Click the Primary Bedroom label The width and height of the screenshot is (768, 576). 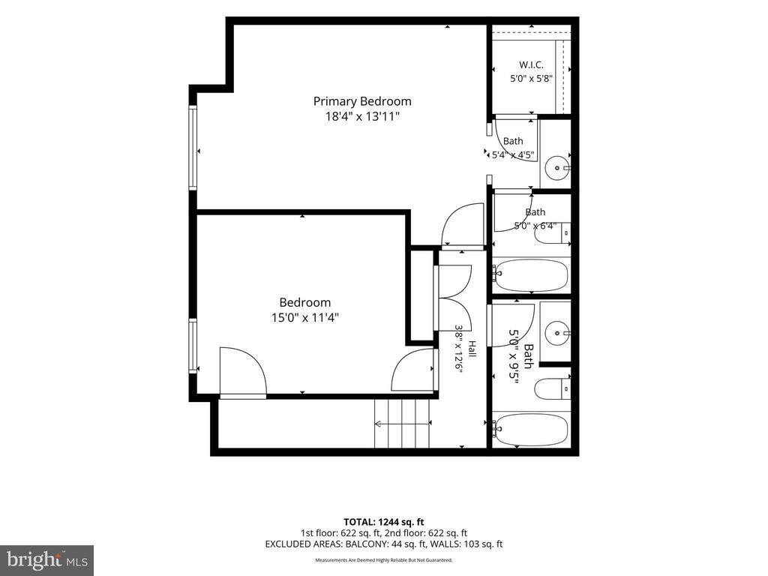coord(362,101)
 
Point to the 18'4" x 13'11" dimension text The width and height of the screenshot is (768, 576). coord(362,116)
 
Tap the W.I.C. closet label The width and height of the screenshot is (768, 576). coord(531,64)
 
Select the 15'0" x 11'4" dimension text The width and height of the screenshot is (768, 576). coord(305,317)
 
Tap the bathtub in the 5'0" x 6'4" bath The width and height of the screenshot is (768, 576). coord(531,275)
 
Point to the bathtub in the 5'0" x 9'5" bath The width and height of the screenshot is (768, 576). coord(531,430)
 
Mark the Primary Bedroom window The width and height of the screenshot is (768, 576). coord(193,148)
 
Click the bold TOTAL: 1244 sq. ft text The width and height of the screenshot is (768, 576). coord(383,522)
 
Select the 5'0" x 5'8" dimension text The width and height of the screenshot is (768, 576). coord(532,78)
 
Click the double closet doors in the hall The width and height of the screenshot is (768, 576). coord(453,298)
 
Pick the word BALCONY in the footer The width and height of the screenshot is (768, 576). coord(363,544)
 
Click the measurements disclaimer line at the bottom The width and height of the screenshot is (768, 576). coord(383,559)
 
